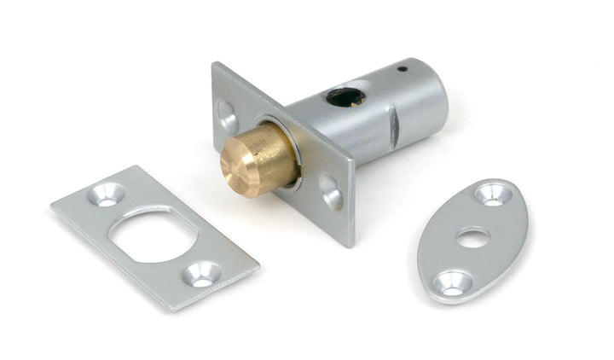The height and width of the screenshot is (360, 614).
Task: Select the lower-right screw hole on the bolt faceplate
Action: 331,192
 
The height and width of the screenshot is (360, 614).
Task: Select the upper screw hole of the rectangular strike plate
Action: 107,195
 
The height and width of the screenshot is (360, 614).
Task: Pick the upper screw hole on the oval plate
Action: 494,195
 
